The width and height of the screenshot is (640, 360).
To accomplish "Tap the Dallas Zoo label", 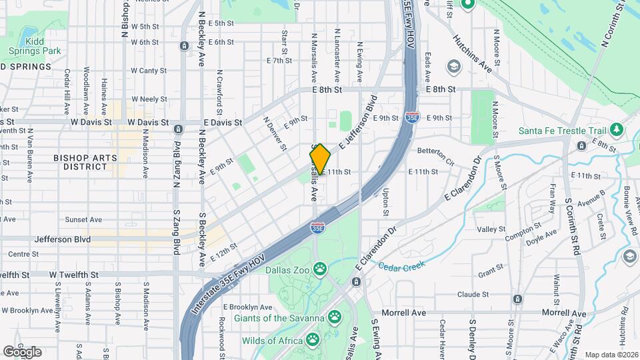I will [x=287, y=270].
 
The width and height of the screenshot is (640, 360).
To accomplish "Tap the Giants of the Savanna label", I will [x=279, y=317].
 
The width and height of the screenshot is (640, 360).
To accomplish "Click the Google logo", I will [x=22, y=351].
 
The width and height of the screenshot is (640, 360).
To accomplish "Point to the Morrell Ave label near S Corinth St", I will [x=563, y=313].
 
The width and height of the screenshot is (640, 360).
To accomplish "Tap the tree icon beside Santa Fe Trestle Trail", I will [x=617, y=129].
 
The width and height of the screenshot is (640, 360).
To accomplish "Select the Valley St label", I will [x=492, y=229].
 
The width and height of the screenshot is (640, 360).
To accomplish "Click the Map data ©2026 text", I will [x=611, y=355].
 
